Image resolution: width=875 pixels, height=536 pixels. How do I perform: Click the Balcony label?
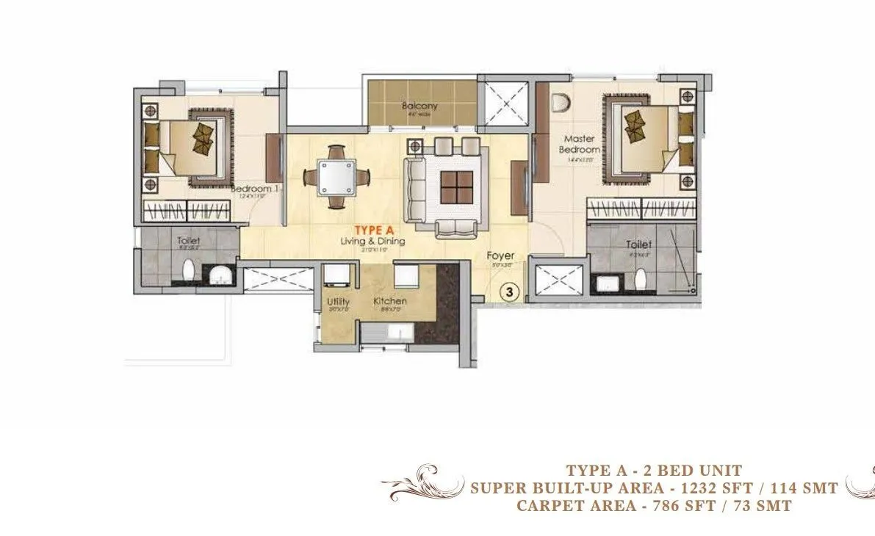point(420,106)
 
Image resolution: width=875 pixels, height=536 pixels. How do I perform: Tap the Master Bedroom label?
point(580,143)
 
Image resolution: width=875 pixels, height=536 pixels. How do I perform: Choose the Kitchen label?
point(389,302)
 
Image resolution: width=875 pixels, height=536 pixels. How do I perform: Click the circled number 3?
point(509,291)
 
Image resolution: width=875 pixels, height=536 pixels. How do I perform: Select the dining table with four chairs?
point(338,178)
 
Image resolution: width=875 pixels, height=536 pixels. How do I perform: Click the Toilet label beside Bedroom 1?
point(189,240)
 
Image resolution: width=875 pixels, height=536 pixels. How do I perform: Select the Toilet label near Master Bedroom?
point(637,245)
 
